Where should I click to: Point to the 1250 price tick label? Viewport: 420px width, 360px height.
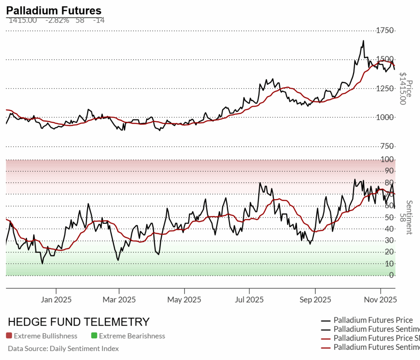[x=386, y=89]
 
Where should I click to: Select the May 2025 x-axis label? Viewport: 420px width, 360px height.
[x=184, y=300]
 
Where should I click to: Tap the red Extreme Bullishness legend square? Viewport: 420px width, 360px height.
[x=9, y=336]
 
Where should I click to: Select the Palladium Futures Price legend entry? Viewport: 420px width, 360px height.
[x=373, y=320]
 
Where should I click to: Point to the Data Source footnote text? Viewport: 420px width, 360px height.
[x=64, y=349]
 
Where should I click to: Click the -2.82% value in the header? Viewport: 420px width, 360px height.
[x=57, y=20]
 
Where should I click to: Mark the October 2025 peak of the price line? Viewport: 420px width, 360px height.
[x=363, y=41]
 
